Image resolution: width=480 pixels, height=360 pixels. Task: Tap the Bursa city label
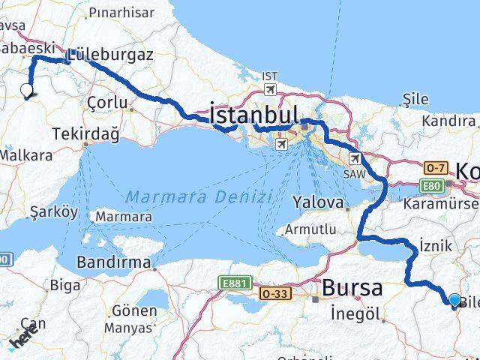(352, 287)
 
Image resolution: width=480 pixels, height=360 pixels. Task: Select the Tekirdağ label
(86, 133)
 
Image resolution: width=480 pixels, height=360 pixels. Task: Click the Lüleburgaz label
(110, 55)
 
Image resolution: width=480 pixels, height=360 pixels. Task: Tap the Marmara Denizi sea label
(198, 197)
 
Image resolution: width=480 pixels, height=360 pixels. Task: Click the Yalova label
(318, 202)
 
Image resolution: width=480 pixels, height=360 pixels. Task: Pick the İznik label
(436, 244)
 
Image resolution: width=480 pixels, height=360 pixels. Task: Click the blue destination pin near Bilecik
(454, 301)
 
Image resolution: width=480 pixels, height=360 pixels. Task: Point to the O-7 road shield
(435, 168)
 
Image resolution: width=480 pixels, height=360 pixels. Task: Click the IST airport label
(269, 76)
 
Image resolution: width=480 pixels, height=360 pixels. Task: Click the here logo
(25, 339)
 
